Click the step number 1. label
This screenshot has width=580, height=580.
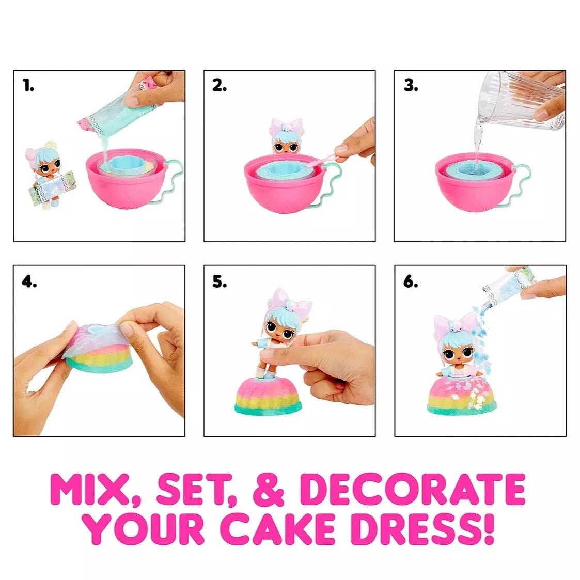tap(28, 86)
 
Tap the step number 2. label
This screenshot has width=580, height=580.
tap(220, 86)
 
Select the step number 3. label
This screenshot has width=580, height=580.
tap(411, 86)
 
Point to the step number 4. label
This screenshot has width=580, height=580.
tap(29, 281)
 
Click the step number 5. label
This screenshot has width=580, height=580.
tap(220, 281)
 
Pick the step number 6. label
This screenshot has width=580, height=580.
tap(411, 281)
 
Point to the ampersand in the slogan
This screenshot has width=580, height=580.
tap(268, 490)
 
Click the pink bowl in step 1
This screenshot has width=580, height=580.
tap(127, 183)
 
